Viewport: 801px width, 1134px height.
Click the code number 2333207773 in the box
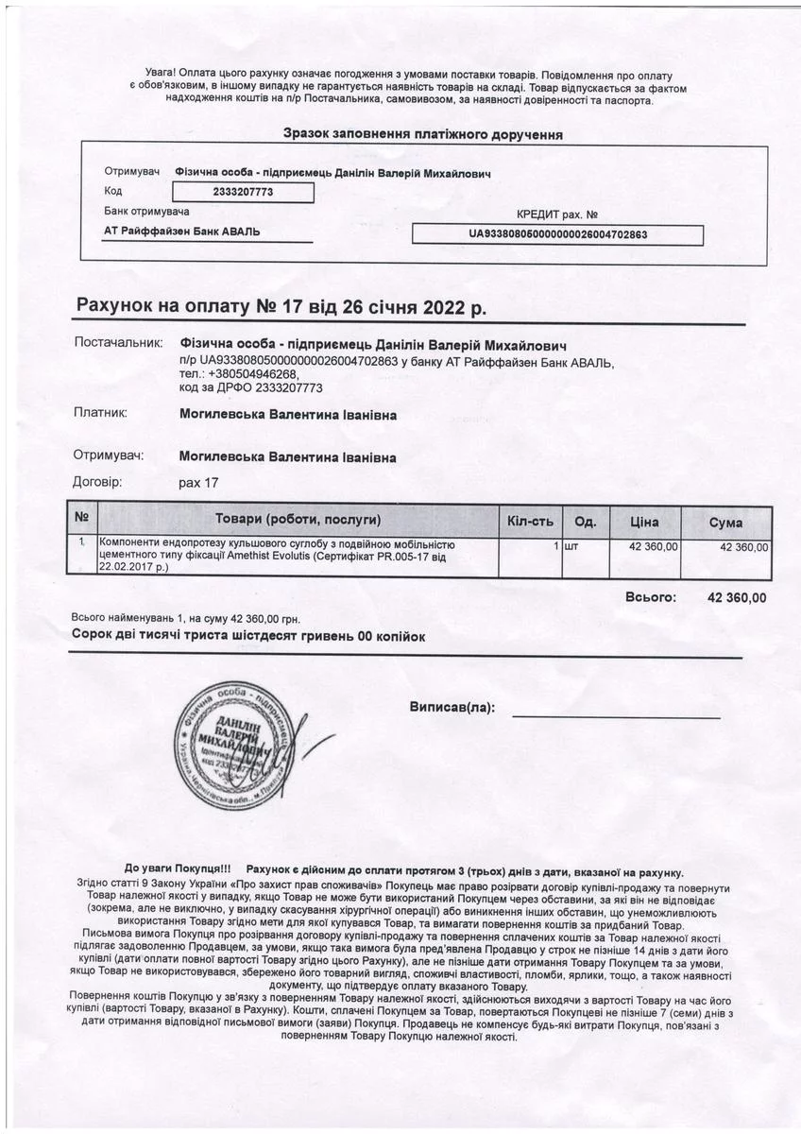(244, 192)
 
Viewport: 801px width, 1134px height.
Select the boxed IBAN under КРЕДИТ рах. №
(557, 234)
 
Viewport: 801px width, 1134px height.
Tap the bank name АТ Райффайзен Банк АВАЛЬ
(182, 232)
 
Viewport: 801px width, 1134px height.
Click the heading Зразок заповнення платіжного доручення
(423, 134)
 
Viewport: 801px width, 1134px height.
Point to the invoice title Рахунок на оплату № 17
(281, 308)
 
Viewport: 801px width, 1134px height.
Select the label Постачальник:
(118, 342)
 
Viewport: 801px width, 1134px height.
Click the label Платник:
(100, 413)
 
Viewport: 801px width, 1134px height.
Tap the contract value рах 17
(198, 483)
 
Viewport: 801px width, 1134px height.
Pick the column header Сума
(725, 523)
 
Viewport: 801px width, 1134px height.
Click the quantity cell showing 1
(556, 546)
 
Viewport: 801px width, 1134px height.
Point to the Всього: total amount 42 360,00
(737, 597)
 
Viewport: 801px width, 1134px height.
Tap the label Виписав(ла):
(452, 707)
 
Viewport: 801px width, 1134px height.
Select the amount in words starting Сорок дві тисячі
(248, 637)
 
